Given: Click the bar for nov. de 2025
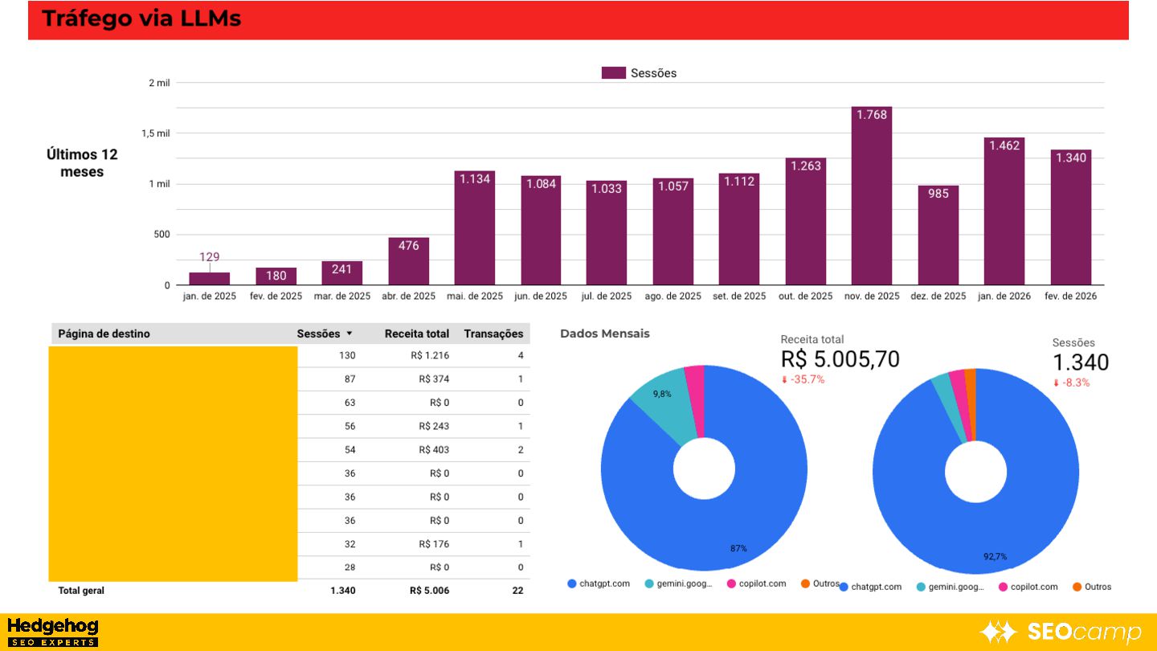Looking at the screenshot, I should (871, 197).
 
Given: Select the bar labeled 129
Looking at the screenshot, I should (209, 278).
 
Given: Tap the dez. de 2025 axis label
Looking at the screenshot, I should (938, 296).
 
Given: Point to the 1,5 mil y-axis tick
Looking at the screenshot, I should (157, 133).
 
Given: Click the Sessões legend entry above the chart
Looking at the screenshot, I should (640, 73).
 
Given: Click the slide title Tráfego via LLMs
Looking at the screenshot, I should (141, 18).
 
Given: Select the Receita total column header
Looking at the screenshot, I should (416, 334).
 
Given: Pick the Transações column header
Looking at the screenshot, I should (493, 334).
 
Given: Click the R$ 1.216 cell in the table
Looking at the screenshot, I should (433, 355).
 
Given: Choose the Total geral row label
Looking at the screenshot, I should (81, 591).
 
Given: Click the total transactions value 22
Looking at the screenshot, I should (517, 591).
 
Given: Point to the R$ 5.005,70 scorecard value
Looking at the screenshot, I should (840, 359).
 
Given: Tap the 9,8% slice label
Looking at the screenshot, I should (662, 394).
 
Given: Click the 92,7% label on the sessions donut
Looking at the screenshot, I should (995, 556).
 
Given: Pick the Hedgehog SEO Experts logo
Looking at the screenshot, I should (52, 632).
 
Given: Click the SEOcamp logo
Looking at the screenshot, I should (1060, 633).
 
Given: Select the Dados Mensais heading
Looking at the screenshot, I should (604, 334).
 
